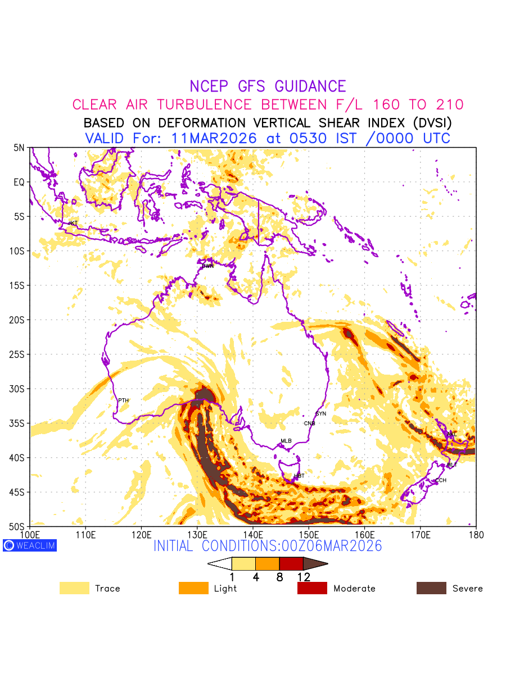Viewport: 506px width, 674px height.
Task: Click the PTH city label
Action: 123,400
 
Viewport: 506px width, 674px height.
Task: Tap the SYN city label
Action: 321,414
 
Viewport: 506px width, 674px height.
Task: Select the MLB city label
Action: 286,441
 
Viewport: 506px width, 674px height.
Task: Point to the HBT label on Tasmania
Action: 299,476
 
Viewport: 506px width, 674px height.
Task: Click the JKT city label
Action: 73,224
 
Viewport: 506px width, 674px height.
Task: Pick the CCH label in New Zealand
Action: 441,481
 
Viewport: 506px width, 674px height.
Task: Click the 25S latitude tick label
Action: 19,354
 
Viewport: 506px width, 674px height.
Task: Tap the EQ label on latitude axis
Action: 19,182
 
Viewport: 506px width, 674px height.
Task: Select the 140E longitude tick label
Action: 253,534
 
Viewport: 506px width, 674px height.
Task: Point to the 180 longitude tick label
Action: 476,534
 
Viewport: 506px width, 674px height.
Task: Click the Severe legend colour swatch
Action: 431,588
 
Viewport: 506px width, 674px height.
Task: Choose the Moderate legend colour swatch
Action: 312,588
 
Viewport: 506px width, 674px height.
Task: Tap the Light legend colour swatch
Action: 193,588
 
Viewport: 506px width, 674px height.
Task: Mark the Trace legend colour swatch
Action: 74,588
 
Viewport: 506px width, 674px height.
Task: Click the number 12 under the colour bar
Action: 303,577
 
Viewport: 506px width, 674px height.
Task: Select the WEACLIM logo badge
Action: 30,545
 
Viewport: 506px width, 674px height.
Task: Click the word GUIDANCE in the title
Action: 310,86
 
